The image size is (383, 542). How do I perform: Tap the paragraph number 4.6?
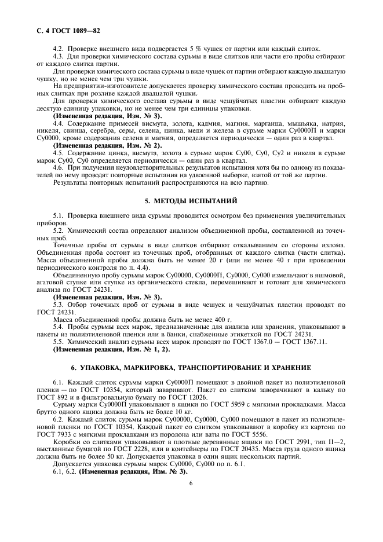point(59,167)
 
